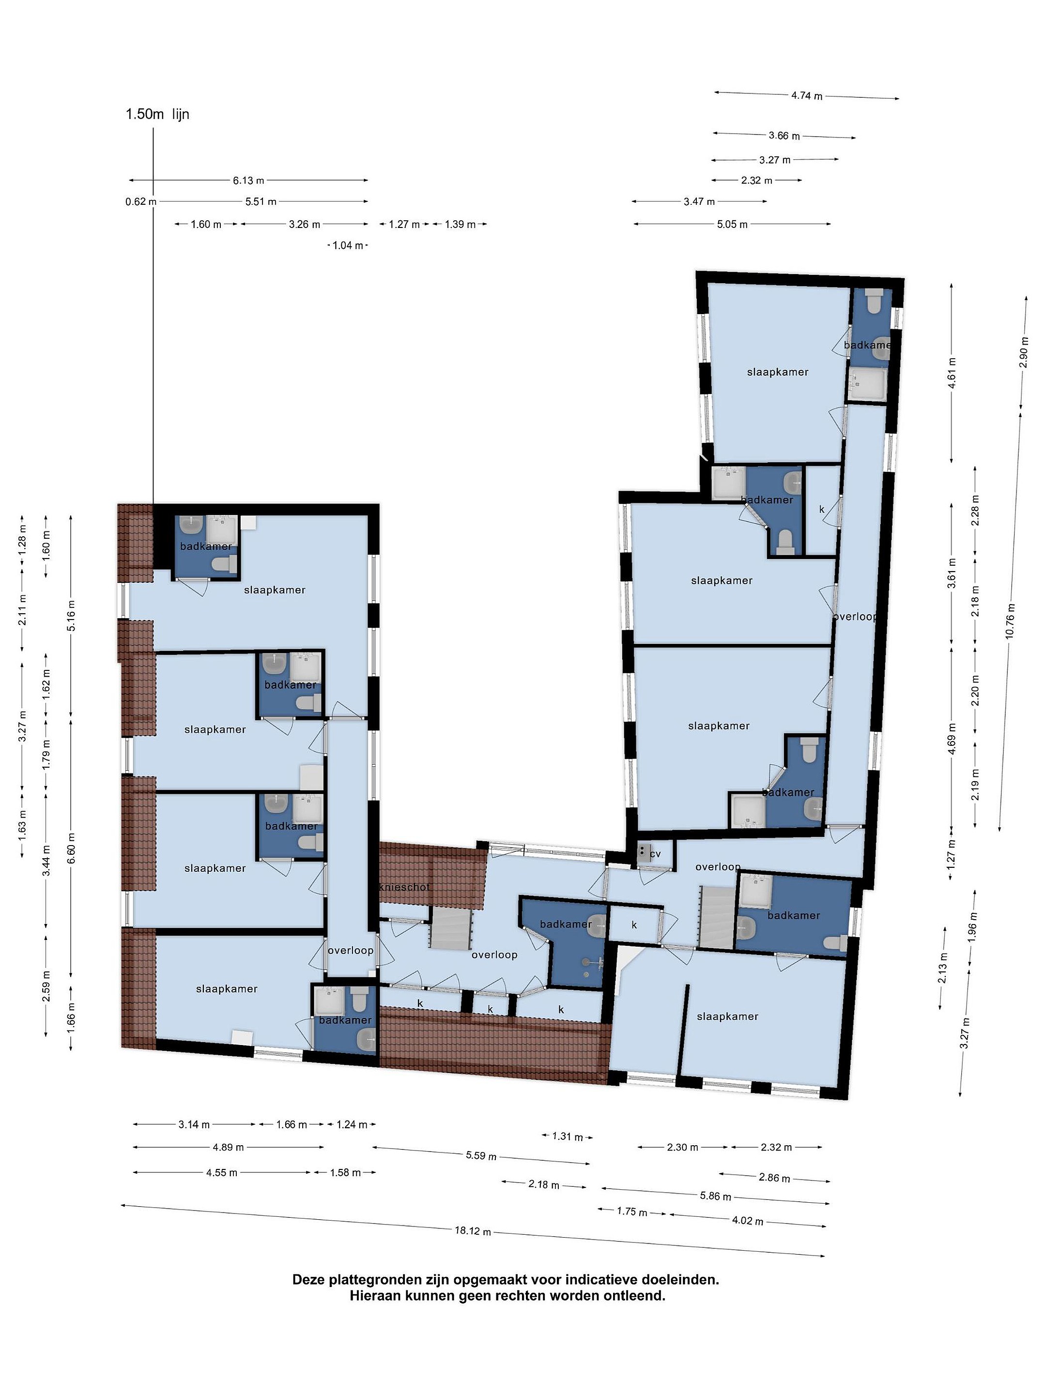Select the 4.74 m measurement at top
[x=807, y=96]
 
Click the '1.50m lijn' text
[x=157, y=114]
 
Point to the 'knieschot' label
[x=404, y=887]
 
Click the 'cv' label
[x=655, y=854]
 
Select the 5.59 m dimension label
[x=481, y=1155]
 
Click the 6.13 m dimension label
[x=248, y=180]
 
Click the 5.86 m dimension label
[x=716, y=1196]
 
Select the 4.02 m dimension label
[x=747, y=1221]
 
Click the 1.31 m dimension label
[x=568, y=1136]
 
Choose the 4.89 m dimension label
[x=228, y=1147]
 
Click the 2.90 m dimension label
[x=1024, y=353]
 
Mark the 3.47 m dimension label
[x=699, y=202]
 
